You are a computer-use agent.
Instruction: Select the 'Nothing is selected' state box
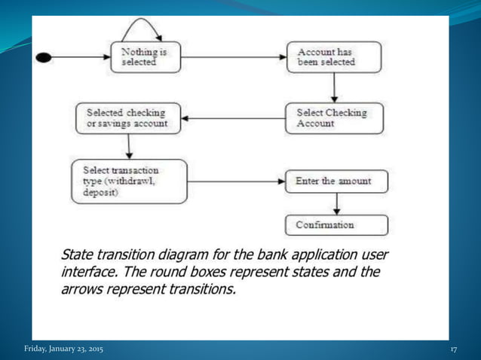click(x=149, y=57)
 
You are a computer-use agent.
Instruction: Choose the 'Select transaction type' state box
click(x=128, y=181)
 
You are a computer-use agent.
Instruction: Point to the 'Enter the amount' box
click(x=336, y=182)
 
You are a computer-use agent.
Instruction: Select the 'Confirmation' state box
click(x=336, y=224)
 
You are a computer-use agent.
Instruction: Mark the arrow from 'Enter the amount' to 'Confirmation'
click(x=336, y=203)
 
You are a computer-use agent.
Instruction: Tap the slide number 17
click(x=454, y=350)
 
